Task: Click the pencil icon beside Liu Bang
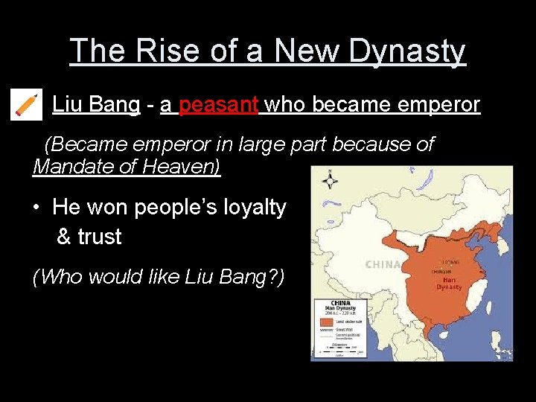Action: pos(27,104)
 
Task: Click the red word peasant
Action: pos(219,104)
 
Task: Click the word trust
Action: pos(100,237)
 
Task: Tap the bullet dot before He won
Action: pos(37,208)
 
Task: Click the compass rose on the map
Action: pos(328,179)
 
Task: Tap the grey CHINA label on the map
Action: pos(383,264)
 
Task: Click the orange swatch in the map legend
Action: pos(327,322)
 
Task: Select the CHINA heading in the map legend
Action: pos(340,304)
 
